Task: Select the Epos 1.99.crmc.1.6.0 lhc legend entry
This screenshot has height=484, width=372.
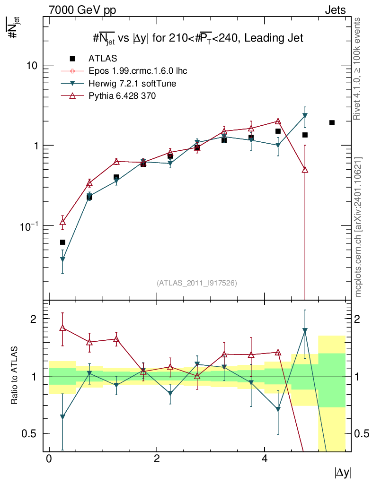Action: [138, 71]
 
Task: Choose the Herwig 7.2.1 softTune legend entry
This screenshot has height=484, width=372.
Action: [133, 84]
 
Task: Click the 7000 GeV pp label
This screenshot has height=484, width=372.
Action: [82, 9]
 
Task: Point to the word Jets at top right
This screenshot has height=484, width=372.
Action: [335, 9]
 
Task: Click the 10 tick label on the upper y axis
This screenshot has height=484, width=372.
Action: [31, 65]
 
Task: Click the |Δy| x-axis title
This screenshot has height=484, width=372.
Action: [343, 473]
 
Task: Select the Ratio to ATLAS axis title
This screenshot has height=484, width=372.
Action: [15, 376]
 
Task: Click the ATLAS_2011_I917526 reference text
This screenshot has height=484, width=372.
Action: [196, 283]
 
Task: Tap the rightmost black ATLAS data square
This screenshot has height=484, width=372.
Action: [332, 123]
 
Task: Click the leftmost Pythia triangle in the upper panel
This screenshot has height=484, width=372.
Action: [62, 222]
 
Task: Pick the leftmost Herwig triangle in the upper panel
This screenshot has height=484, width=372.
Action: [62, 259]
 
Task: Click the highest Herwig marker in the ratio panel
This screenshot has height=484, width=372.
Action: [305, 331]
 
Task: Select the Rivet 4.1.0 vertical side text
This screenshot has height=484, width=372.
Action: [358, 69]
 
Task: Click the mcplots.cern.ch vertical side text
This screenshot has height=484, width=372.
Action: [358, 227]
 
